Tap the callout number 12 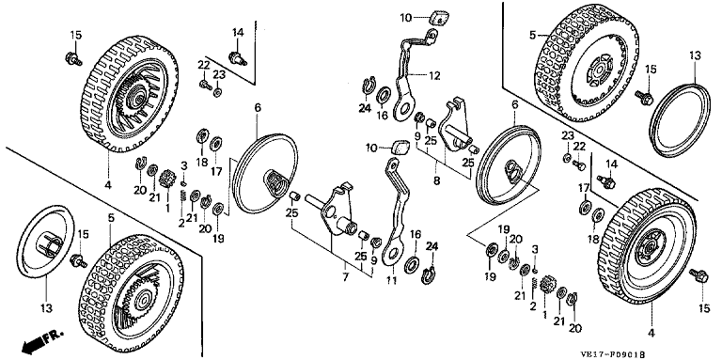434,75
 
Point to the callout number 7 345,276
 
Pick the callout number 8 436,180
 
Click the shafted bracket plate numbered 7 333,210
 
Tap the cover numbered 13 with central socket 45,241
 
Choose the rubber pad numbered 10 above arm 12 438,19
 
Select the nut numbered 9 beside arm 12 419,117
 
